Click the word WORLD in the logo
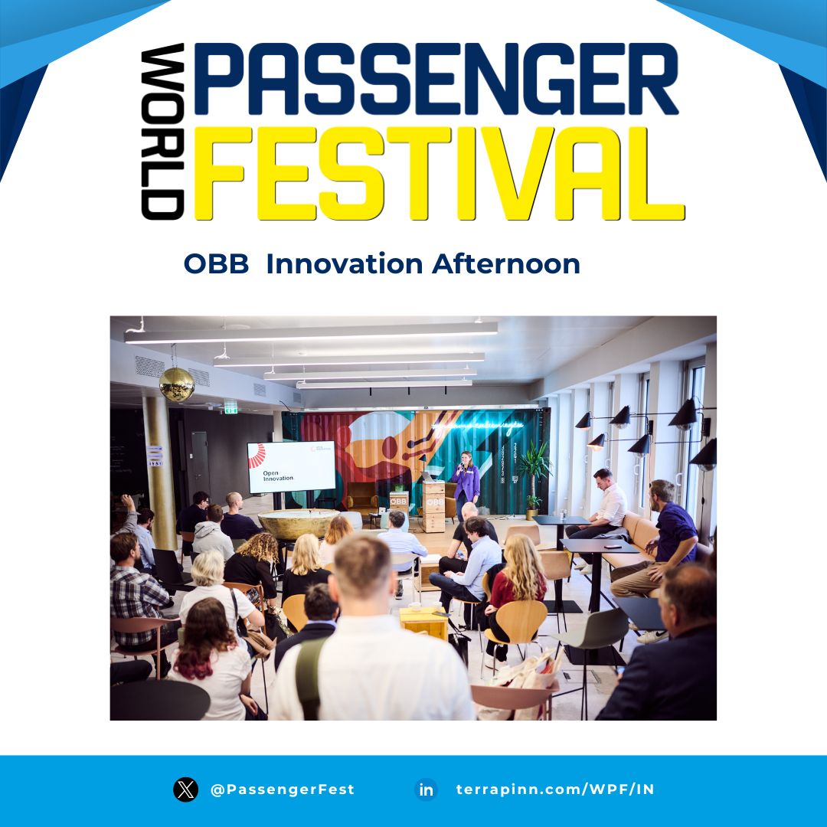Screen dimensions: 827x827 tap(162, 132)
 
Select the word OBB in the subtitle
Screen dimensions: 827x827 tap(217, 264)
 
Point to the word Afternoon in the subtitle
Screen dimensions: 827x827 tap(506, 264)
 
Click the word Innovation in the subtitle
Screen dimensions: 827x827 tap(344, 264)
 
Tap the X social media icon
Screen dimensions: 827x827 tap(185, 789)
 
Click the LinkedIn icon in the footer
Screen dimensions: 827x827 tap(426, 789)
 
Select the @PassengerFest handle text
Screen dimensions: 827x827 tap(282, 789)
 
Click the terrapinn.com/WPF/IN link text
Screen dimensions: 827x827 tap(555, 789)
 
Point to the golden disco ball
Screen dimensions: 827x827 tap(176, 384)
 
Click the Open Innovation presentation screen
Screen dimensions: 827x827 tap(291, 466)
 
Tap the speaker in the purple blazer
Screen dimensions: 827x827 tap(465, 482)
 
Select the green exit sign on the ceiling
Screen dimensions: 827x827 tap(230, 407)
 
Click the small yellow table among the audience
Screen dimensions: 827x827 tap(423, 622)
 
